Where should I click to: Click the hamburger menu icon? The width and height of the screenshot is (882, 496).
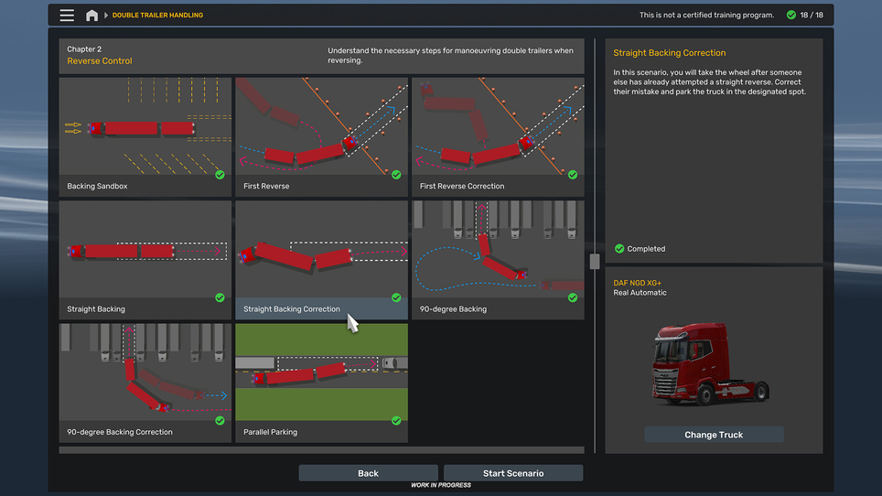(67, 16)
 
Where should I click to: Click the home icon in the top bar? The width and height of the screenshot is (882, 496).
(91, 16)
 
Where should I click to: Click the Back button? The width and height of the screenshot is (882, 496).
(368, 473)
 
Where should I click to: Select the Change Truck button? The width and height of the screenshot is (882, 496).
(714, 435)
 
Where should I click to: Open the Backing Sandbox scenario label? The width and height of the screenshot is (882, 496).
(97, 187)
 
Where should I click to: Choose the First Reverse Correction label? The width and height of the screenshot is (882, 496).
(461, 187)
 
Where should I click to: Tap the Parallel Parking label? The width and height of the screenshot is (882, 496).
(270, 432)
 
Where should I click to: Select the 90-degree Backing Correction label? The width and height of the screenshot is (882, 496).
(120, 432)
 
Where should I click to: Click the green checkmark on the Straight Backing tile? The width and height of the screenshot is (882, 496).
(220, 297)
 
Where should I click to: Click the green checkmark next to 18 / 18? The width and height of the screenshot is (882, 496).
(792, 16)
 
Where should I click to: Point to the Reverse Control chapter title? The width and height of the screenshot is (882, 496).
(99, 61)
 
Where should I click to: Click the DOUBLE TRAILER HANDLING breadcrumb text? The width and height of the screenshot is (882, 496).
(157, 16)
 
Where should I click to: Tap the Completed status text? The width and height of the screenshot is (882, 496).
(646, 249)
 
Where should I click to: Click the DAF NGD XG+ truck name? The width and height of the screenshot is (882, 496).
(637, 283)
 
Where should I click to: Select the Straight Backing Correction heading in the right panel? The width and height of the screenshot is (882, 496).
(669, 53)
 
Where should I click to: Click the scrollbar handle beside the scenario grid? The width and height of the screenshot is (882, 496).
(595, 262)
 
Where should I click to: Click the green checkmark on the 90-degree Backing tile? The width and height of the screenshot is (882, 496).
(573, 297)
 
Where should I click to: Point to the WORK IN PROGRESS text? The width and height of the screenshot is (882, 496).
(440, 485)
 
